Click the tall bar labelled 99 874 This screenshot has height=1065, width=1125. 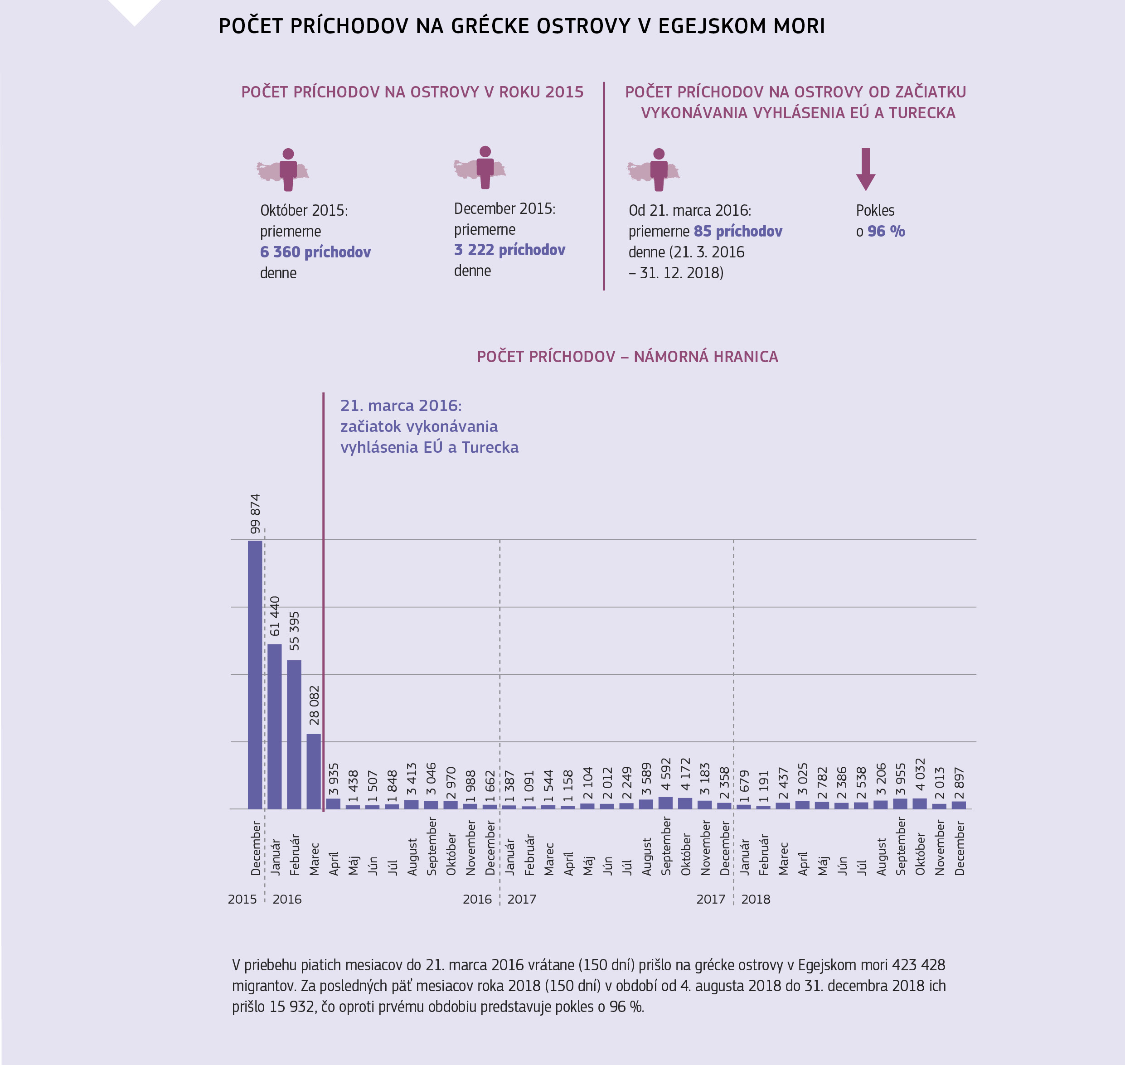coord(255,674)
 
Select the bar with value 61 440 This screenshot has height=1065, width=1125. coord(274,726)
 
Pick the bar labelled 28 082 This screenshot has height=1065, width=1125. coord(314,771)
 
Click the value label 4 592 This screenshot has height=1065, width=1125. coord(665,775)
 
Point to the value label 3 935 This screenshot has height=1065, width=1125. coord(333,779)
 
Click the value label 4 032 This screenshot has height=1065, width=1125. coord(920,775)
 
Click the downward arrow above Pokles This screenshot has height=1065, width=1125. coord(865,169)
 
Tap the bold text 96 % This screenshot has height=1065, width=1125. coord(886,232)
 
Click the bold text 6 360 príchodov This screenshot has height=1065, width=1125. coord(315,252)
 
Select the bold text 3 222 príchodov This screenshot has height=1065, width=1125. coord(509,250)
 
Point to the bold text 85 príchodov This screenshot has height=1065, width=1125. coord(738,232)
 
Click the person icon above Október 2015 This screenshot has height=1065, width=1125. coord(288,169)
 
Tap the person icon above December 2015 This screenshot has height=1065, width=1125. coord(485,167)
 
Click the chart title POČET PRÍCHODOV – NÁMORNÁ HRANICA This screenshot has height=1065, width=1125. coord(627,357)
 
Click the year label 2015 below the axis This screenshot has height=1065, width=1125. coord(242,899)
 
